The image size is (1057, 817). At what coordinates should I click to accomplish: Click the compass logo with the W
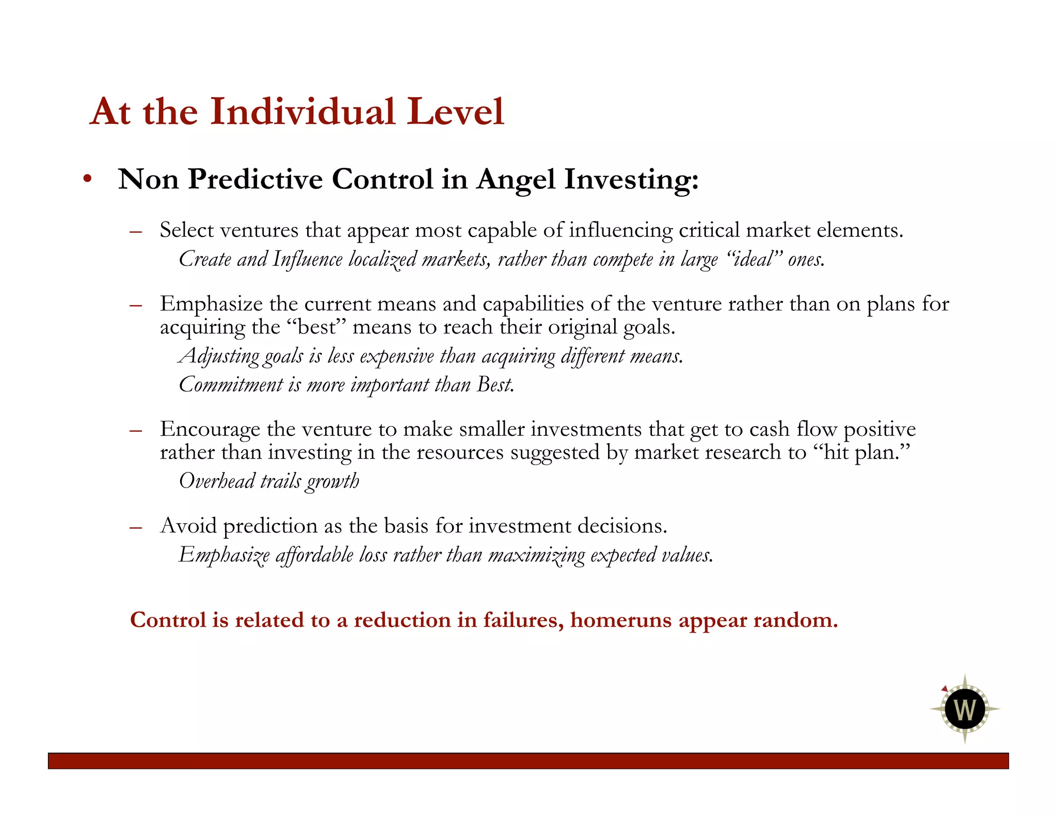[x=965, y=709]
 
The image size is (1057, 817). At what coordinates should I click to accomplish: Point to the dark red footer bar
[x=528, y=761]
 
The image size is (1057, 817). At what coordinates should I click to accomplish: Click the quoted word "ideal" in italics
[x=754, y=259]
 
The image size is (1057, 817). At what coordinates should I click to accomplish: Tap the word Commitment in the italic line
[x=231, y=385]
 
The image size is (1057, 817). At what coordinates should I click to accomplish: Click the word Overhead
[x=217, y=481]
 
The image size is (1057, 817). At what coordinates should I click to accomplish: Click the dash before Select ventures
[x=136, y=231]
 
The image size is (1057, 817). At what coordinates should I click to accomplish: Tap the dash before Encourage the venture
[x=136, y=430]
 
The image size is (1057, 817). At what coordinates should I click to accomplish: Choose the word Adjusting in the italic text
[x=219, y=356]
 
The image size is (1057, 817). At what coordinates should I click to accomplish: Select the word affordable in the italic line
[x=314, y=555]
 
